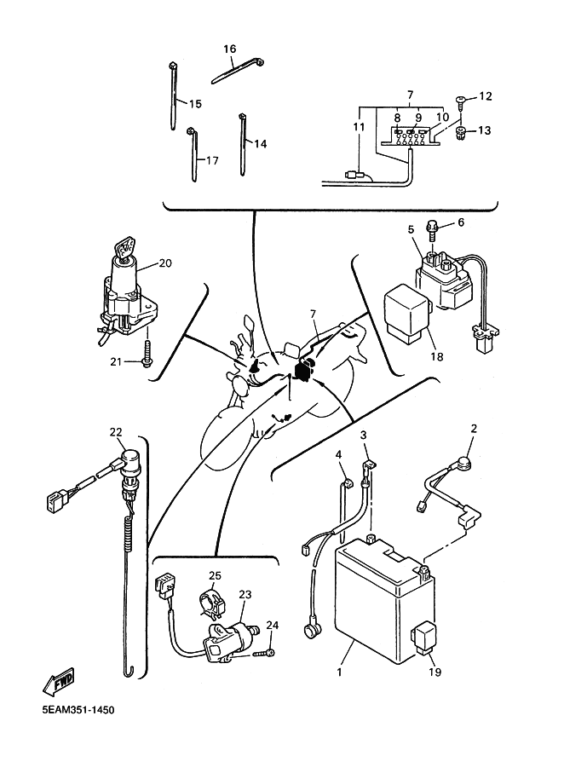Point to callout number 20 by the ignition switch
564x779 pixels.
165,263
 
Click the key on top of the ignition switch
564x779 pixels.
126,248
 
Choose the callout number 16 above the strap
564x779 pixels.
229,49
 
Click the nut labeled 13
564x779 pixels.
460,132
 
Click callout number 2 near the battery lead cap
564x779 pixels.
474,429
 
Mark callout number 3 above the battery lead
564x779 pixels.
364,436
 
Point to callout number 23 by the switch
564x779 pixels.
245,596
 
